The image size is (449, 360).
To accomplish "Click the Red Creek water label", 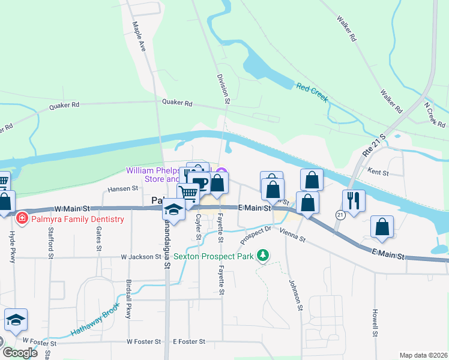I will tap(312, 92).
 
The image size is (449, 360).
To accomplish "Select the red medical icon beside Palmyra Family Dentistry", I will tap(23, 217).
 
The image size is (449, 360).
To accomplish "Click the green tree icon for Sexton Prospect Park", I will tap(262, 256).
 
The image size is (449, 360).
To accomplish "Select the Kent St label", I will tap(378, 173).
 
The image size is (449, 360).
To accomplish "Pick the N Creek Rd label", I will tap(435, 115).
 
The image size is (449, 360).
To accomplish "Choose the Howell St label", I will tap(375, 323).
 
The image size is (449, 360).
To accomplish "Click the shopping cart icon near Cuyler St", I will tap(188, 194).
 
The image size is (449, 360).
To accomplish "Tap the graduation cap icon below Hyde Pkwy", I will tap(16, 321).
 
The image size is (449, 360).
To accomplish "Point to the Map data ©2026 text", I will tap(423, 355).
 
